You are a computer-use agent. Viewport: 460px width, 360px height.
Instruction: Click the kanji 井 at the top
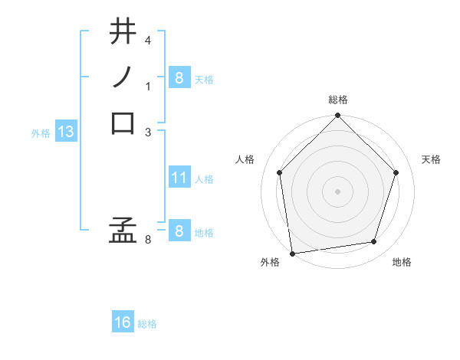pos(123,34)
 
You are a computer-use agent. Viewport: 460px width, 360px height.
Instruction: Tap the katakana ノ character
pos(123,77)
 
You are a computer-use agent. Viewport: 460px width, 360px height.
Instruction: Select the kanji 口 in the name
pos(123,123)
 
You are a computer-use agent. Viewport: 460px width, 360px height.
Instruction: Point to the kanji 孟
pos(123,229)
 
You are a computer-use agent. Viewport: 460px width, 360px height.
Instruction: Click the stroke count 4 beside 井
pos(149,40)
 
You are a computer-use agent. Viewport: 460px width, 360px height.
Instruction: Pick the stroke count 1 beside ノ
pos(149,86)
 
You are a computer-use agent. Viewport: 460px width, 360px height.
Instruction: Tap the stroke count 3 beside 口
pos(149,132)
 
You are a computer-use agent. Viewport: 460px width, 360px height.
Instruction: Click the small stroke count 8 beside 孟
pos(149,240)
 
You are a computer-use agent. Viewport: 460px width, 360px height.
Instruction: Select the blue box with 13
pos(66,133)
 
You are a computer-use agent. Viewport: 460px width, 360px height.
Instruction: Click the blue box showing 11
pos(179,178)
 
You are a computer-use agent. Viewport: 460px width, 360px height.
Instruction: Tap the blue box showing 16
pos(123,323)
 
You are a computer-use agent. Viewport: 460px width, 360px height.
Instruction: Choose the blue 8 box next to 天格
pos(179,78)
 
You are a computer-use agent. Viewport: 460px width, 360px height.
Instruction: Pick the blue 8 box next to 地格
pos(179,231)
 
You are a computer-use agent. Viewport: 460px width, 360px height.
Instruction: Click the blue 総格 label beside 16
pos(147,324)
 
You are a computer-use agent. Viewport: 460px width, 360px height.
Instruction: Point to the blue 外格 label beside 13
pos(41,133)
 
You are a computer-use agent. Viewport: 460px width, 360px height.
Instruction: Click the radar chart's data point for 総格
pos(337,116)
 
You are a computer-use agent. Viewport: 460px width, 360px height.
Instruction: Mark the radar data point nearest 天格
pos(396,172)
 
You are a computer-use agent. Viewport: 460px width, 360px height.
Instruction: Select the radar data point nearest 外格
pos(292,253)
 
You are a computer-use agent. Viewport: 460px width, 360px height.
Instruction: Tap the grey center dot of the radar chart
pos(337,191)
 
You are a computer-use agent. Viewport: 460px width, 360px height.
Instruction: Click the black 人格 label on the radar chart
pos(245,159)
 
